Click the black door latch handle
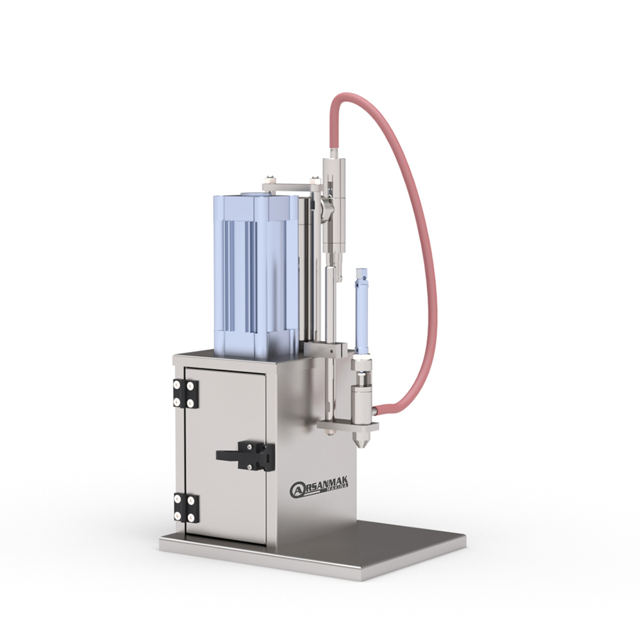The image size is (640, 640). (245, 455)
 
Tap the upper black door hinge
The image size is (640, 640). (185, 394)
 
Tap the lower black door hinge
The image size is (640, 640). (186, 508)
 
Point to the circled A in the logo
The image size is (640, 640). (297, 490)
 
